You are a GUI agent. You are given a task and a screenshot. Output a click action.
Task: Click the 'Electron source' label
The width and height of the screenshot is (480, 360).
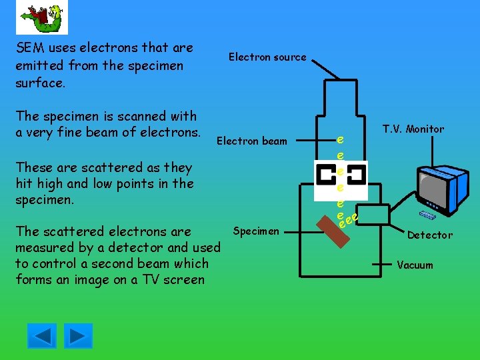(x=267, y=57)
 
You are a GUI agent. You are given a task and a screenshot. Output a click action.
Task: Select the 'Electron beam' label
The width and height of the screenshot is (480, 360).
(x=252, y=141)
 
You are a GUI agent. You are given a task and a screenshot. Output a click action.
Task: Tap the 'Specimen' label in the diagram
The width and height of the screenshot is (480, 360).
(x=257, y=231)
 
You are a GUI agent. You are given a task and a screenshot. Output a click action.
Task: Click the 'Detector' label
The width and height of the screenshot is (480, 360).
(x=429, y=235)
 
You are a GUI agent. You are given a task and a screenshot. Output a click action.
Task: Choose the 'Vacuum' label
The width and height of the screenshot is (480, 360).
(x=415, y=265)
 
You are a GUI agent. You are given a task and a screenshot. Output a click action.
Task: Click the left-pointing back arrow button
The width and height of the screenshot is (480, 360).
(x=42, y=335)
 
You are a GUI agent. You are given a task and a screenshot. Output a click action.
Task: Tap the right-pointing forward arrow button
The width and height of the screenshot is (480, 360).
(x=79, y=335)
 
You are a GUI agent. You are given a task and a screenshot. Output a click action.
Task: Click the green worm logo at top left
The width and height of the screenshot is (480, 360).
(x=41, y=17)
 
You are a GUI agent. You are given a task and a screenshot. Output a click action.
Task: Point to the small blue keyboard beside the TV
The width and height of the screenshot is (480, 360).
(x=427, y=215)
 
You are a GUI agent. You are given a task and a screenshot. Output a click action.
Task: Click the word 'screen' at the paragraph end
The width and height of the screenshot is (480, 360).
(x=185, y=279)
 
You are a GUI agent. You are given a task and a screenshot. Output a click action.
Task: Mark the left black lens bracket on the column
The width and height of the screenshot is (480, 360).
(x=327, y=175)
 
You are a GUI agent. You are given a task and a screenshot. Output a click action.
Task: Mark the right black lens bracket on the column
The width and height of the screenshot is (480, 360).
(x=355, y=175)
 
